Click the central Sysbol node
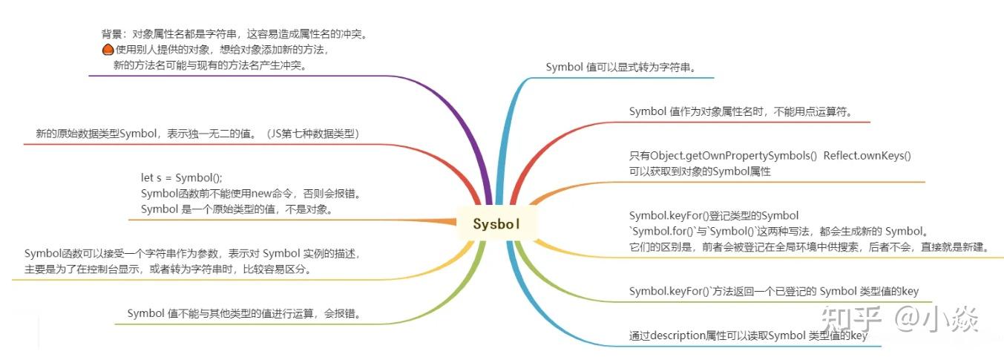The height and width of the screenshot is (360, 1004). [496, 223]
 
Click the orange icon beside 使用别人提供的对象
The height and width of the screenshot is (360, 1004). [108, 50]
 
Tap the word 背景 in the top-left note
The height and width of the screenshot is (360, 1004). [111, 34]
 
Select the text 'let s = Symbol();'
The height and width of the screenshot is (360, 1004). [182, 177]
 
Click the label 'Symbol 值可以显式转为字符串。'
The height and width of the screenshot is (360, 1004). [621, 68]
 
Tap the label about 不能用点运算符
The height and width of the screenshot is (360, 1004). [741, 111]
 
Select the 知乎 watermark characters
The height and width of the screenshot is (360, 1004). [851, 318]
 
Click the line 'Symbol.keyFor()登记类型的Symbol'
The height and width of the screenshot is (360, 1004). [714, 216]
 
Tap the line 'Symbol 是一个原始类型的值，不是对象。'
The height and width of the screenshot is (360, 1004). [237, 209]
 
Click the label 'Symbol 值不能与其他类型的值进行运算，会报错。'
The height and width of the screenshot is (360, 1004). [245, 313]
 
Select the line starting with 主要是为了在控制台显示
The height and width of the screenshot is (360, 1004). [168, 269]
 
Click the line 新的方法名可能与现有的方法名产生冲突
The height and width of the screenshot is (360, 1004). [211, 65]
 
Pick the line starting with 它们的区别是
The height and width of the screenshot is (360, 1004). [810, 247]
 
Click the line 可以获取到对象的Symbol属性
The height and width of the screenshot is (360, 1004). [700, 171]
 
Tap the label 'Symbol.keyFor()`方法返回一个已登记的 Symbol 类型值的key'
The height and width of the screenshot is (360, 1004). [774, 292]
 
